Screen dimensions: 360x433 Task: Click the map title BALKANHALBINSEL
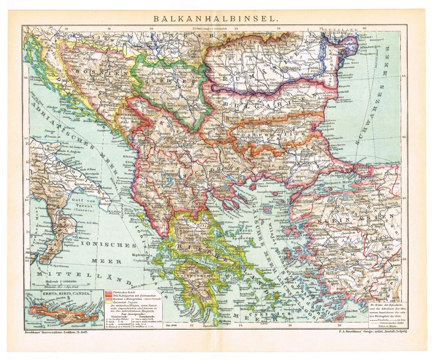click(x=216, y=19)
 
